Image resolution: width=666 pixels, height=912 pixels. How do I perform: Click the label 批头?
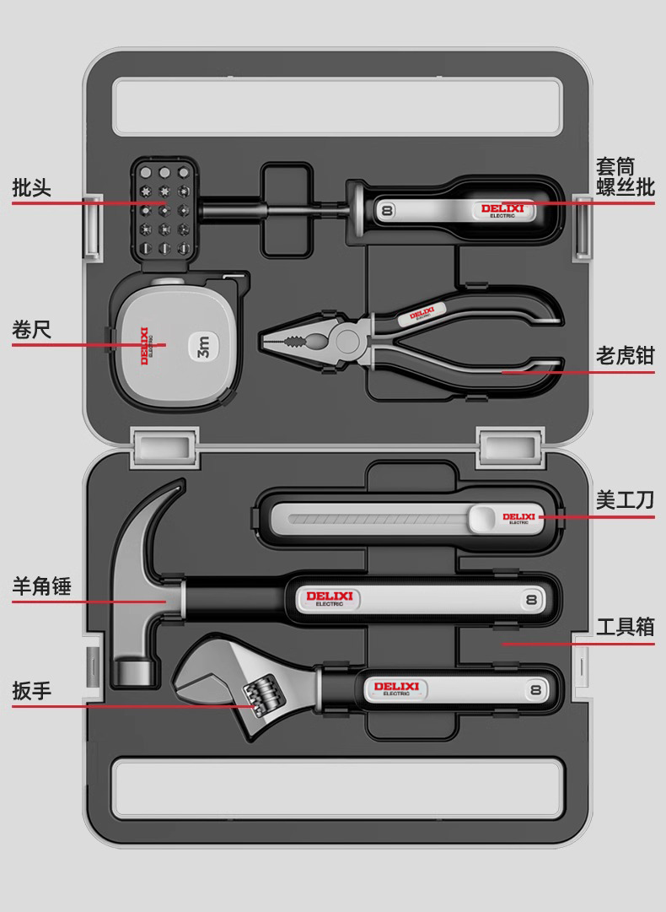click(31, 187)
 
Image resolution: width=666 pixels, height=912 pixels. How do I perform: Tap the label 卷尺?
click(31, 329)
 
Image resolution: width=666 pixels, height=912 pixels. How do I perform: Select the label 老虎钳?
click(625, 355)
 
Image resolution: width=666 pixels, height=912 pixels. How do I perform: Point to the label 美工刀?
click(625, 500)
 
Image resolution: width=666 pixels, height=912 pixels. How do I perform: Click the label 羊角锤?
click(41, 586)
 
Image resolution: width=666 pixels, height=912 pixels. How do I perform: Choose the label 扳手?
click(31, 691)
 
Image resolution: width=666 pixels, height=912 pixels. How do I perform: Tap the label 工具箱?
click(625, 628)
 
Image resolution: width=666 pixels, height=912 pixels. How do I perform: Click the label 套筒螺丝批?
click(625, 176)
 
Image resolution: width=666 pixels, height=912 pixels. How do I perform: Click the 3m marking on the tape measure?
click(203, 347)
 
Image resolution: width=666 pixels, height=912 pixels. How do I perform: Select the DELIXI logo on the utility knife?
click(518, 517)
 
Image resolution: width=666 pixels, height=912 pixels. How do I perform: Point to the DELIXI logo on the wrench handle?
click(395, 688)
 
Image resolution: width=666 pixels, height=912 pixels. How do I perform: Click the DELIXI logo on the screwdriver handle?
click(502, 209)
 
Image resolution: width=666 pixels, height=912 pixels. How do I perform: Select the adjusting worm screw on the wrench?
click(261, 693)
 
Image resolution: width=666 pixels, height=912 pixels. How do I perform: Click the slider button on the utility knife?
click(483, 517)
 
